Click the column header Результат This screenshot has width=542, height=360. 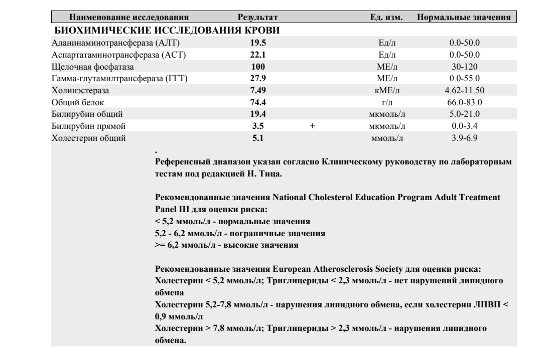(258, 18)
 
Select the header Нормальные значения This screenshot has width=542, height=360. (464, 18)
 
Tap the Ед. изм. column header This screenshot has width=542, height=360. (387, 18)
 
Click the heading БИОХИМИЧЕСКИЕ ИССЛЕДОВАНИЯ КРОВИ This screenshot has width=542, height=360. (167, 31)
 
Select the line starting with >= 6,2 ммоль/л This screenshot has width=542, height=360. (227, 246)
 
